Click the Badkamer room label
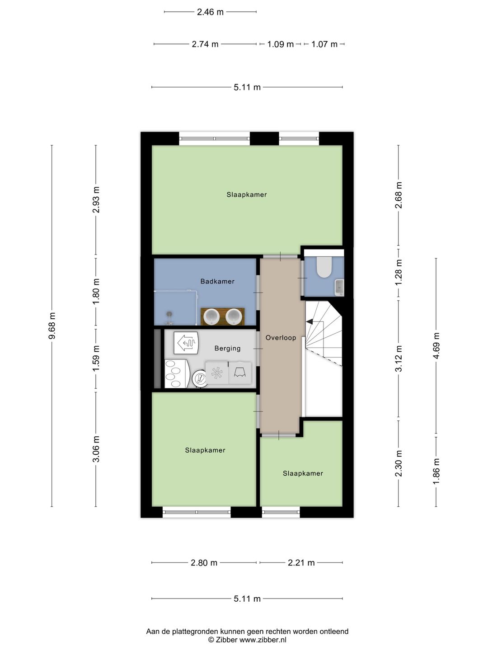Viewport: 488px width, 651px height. click(217, 281)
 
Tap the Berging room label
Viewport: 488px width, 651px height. click(227, 348)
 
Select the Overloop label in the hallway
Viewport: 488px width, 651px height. click(281, 338)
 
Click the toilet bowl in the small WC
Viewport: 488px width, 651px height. click(324, 267)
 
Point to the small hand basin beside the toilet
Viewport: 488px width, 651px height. click(339, 288)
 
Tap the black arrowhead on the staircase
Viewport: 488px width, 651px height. click(309, 321)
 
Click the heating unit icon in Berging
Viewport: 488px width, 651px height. click(186, 343)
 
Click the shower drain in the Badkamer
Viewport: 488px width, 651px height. click(169, 313)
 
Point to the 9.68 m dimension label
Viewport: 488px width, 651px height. click(52, 325)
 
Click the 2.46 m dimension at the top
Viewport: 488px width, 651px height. click(210, 12)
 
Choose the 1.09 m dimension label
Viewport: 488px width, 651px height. click(280, 44)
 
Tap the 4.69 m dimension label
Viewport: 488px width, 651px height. click(436, 346)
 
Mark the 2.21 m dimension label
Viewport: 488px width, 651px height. click(301, 563)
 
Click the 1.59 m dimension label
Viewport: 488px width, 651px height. click(96, 358)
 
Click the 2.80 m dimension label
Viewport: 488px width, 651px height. click(204, 563)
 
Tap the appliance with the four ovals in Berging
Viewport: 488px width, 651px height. click(177, 374)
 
